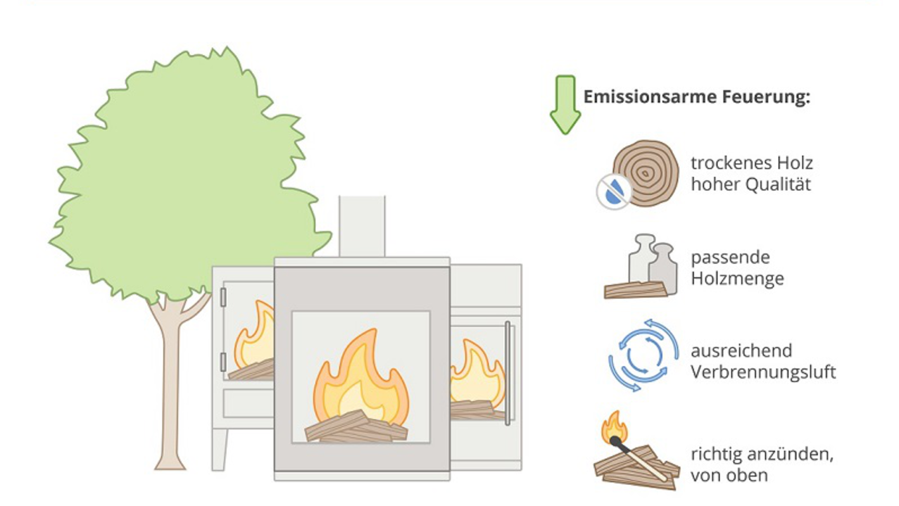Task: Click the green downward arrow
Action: point(565,104)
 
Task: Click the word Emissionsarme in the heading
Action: point(650,96)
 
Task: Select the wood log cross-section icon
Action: point(646,173)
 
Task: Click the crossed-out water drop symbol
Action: point(613,191)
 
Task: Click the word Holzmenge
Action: point(737,279)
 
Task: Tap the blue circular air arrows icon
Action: point(643,355)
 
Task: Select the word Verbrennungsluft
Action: point(763,372)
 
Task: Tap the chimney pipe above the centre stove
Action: point(362,227)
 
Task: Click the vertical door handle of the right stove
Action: point(508,373)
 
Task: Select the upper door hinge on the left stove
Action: point(223,298)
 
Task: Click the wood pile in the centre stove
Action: point(356,426)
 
